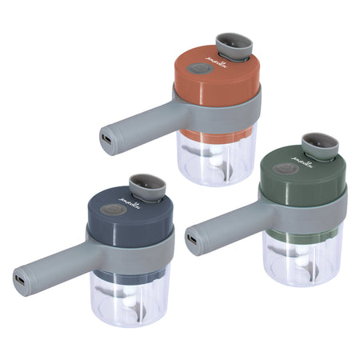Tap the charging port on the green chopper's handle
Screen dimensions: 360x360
point(191,238)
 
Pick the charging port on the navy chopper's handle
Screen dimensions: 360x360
point(18,281)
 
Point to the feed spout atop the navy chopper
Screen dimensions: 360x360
point(147,185)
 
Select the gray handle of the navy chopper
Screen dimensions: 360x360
point(56,265)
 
